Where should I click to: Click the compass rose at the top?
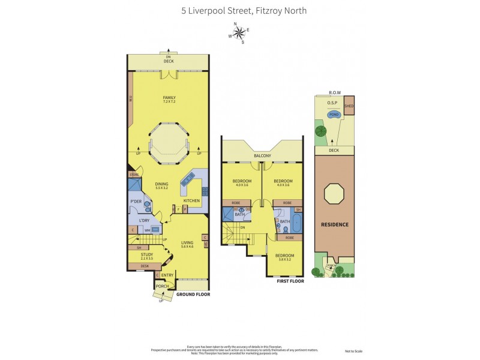click(239, 32)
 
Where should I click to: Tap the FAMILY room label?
click(168, 99)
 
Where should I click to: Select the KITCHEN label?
click(191, 200)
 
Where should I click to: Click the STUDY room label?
click(139, 256)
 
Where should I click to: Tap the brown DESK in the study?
click(144, 266)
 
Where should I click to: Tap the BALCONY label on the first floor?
click(262, 156)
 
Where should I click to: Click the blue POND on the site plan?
click(334, 113)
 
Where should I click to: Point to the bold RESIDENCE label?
click(335, 224)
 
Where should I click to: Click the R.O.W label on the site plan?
click(334, 92)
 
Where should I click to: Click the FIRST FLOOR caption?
click(290, 281)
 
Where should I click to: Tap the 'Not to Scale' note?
click(354, 350)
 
